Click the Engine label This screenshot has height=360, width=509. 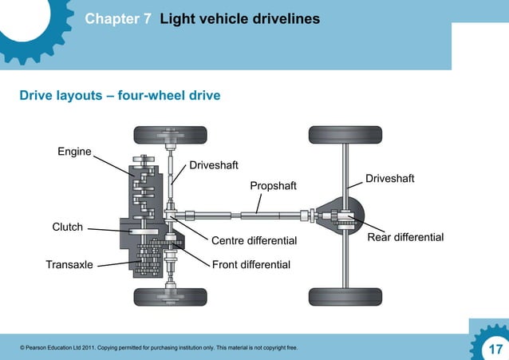pos(74,152)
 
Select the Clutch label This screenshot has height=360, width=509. pos(68,227)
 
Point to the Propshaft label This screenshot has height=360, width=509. pos(273,186)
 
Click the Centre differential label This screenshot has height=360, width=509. pos(254,240)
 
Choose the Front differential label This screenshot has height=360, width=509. pos(251,264)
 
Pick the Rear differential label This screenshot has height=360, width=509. pos(405,238)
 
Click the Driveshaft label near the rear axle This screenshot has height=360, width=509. pos(389,178)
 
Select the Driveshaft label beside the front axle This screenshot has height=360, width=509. pos(213,165)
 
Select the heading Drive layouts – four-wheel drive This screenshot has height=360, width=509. pos(120,96)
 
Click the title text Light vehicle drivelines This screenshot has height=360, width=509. pos(239,18)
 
